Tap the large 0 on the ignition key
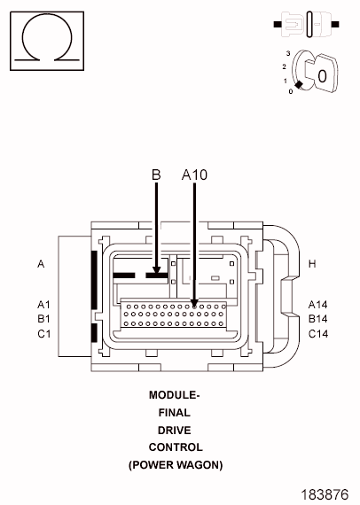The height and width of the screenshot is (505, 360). [x=322, y=76]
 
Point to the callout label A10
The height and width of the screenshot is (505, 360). [x=194, y=175]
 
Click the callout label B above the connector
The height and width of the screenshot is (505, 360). [x=156, y=175]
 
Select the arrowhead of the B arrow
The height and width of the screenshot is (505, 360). [x=156, y=270]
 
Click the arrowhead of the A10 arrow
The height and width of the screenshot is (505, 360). [x=194, y=302]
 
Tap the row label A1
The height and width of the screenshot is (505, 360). [x=43, y=305]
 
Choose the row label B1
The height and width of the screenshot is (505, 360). [x=43, y=319]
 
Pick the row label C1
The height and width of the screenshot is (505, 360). [x=43, y=334]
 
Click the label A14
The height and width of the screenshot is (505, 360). [x=317, y=305]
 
